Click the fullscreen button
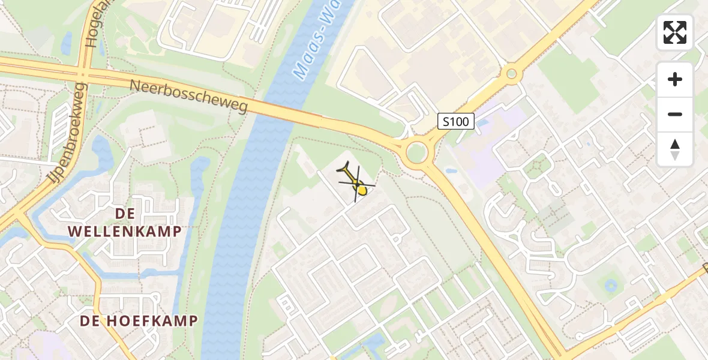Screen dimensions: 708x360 [x=675, y=32]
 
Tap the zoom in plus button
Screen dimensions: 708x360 [x=675, y=79]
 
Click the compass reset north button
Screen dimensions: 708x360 [x=675, y=149]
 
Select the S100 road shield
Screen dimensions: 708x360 [x=455, y=122]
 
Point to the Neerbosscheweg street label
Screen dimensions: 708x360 [x=189, y=96]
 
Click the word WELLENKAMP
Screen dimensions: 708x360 [x=125, y=231]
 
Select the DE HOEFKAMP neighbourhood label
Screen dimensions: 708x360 [x=139, y=321]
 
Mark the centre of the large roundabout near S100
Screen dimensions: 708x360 [x=416, y=153]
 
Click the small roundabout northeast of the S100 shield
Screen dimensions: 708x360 [x=511, y=74]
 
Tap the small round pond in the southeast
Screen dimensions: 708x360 [x=611, y=285]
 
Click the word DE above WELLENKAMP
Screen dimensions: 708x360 [x=125, y=214]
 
